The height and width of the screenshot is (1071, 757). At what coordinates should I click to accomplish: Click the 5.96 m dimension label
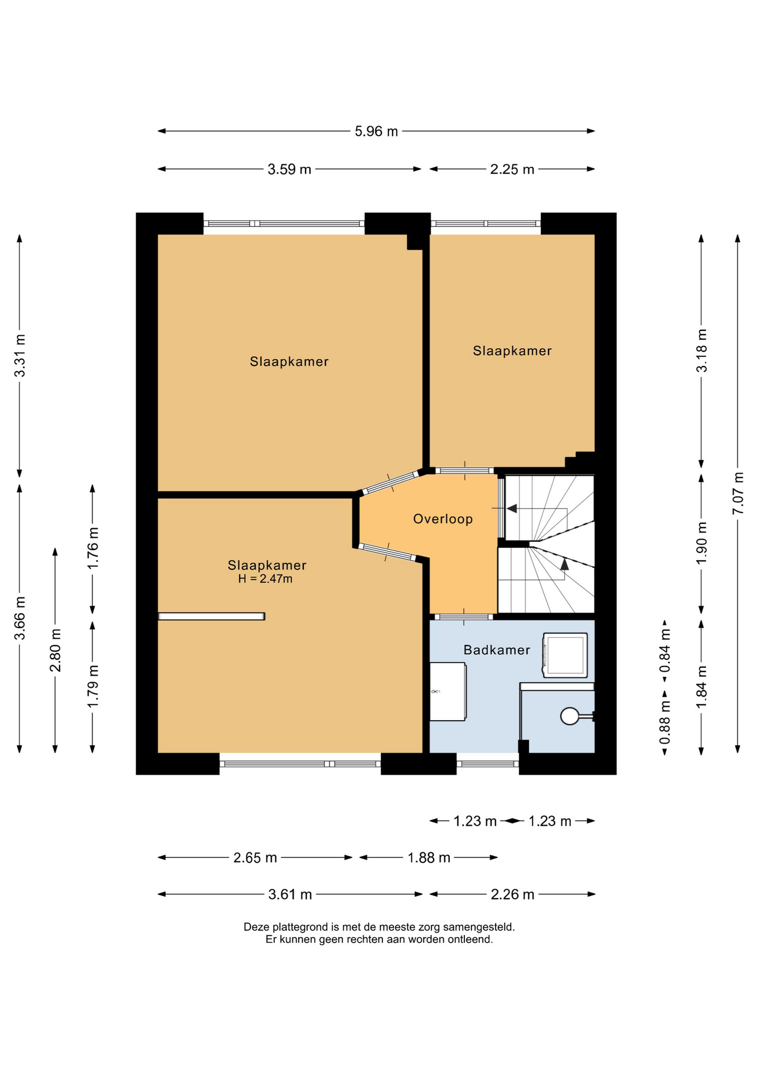[376, 132]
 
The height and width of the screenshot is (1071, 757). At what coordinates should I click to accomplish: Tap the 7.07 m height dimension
[738, 493]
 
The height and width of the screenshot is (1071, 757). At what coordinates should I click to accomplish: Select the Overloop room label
[443, 519]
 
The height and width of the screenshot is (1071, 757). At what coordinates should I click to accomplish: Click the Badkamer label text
[497, 650]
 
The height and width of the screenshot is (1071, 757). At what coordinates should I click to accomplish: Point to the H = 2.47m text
[265, 579]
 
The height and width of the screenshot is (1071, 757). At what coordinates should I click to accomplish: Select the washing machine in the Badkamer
[565, 655]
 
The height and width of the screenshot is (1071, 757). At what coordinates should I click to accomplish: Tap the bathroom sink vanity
[448, 692]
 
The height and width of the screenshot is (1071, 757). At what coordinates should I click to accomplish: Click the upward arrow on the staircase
[565, 563]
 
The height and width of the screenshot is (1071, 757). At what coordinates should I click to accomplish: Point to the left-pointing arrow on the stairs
[512, 509]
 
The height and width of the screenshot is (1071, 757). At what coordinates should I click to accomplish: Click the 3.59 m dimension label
[289, 170]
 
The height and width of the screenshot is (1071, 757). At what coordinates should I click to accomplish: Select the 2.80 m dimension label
[56, 650]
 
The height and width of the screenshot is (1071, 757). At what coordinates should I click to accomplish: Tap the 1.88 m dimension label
[429, 858]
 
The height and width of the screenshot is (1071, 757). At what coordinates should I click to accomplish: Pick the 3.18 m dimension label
[702, 350]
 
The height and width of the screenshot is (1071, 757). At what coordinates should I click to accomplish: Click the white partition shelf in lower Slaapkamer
[211, 616]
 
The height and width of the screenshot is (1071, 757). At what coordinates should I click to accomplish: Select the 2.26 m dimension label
[512, 895]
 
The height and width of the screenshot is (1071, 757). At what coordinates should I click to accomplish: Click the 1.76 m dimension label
[93, 548]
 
